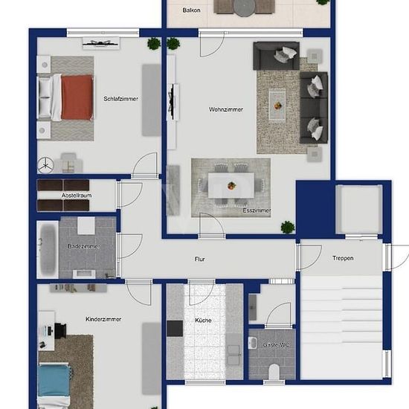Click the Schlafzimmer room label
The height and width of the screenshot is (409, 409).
[x=120, y=99]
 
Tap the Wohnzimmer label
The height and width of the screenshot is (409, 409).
[x=226, y=109]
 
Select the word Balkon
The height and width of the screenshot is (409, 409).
[x=191, y=10]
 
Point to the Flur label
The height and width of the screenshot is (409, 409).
[x=200, y=259]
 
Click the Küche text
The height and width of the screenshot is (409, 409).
[x=203, y=321]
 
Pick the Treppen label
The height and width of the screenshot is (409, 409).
[x=343, y=258]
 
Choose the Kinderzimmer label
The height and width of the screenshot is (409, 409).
[x=103, y=319]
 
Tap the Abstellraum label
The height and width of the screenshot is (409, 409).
[x=77, y=196]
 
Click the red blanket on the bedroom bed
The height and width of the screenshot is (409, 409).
[x=77, y=97]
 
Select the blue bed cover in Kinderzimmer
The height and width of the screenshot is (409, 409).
[x=54, y=381]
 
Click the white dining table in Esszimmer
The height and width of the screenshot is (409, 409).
[x=231, y=185]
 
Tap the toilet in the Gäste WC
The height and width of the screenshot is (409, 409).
[x=274, y=372]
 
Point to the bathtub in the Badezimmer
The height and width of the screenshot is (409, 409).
[x=48, y=250]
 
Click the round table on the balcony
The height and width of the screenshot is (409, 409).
[x=244, y=7]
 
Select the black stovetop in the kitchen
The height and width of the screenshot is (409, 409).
[x=175, y=329]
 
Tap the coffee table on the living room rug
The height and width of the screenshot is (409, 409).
[x=277, y=105]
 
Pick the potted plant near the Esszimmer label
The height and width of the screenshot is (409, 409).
[x=288, y=228]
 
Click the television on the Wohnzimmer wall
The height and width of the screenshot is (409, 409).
[x=172, y=102]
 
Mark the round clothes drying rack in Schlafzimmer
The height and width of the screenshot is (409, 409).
[x=45, y=165]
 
